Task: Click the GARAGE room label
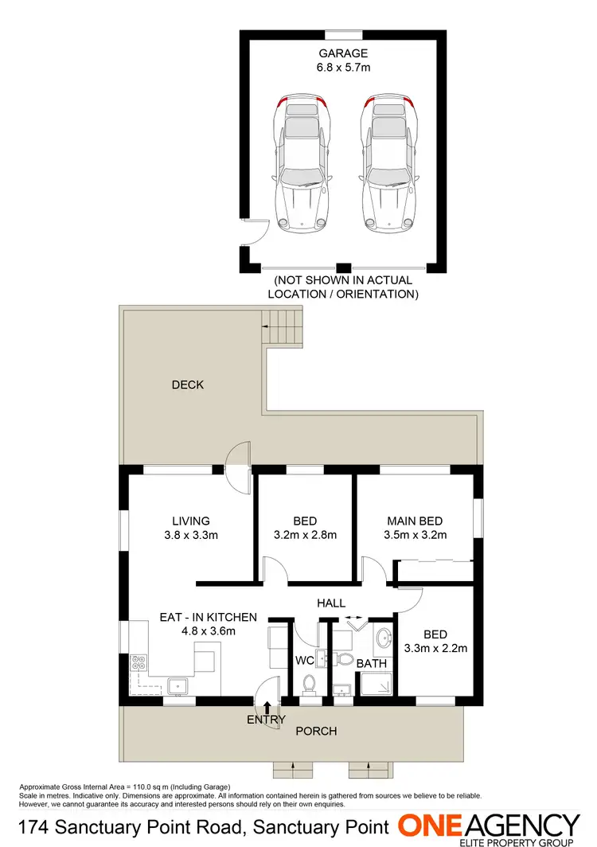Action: [344, 53]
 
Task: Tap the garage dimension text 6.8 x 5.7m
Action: [344, 68]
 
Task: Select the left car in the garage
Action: [301, 163]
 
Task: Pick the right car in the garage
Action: [388, 163]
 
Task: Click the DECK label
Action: [188, 385]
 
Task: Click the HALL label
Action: [331, 603]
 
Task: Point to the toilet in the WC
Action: [310, 682]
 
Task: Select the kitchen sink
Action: [175, 684]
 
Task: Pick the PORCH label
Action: [317, 731]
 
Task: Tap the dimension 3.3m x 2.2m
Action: [435, 648]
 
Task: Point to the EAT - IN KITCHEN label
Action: [209, 617]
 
